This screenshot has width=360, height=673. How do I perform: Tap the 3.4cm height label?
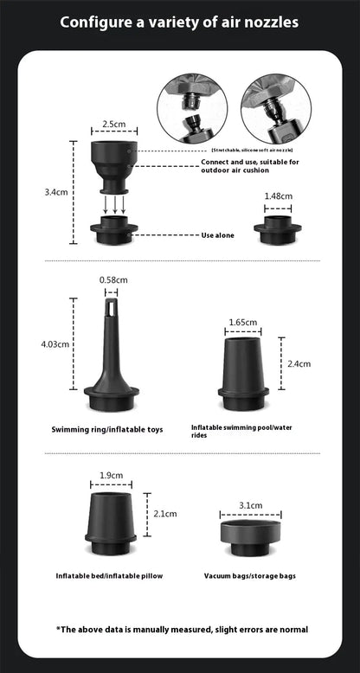(56, 192)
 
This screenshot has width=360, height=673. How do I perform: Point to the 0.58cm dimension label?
(113, 279)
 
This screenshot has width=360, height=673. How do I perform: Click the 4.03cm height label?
(55, 344)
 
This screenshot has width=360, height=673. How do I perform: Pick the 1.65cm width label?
(242, 323)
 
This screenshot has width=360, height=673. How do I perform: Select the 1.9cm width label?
(111, 475)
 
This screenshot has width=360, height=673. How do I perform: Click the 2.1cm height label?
(164, 513)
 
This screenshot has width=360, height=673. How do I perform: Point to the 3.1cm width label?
(252, 505)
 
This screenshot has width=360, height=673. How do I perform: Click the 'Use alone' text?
(215, 234)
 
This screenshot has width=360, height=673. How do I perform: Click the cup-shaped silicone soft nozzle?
(111, 164)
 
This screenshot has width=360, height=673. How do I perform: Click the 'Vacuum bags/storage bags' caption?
(250, 575)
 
